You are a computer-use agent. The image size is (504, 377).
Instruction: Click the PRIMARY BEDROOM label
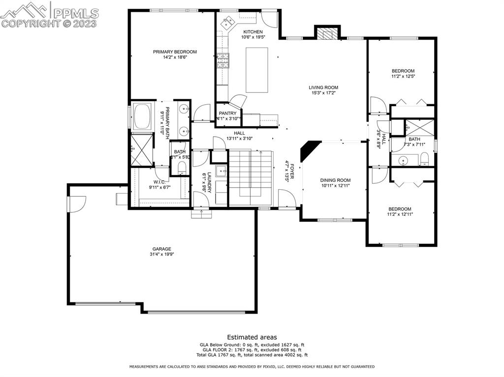point(175,52)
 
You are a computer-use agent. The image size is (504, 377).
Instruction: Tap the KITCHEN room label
point(253,31)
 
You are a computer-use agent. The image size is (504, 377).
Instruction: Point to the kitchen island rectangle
point(257,70)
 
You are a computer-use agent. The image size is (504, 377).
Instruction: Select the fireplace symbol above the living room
point(327,33)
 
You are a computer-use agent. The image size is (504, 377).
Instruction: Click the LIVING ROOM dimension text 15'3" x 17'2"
point(323,93)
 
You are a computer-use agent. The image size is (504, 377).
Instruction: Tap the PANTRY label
point(228,113)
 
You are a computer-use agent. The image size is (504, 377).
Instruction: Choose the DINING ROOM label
point(335,180)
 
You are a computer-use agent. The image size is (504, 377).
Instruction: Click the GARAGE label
point(161,249)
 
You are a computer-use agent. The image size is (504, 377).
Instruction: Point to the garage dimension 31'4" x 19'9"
point(161,254)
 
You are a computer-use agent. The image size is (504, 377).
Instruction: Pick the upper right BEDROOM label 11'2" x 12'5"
point(403,71)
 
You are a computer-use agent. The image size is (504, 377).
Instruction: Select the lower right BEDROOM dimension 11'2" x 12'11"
point(399,214)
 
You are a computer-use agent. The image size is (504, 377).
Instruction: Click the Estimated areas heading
point(252,337)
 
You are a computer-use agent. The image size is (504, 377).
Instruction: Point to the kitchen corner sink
point(228,22)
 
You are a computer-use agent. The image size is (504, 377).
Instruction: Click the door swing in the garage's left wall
point(78,202)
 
